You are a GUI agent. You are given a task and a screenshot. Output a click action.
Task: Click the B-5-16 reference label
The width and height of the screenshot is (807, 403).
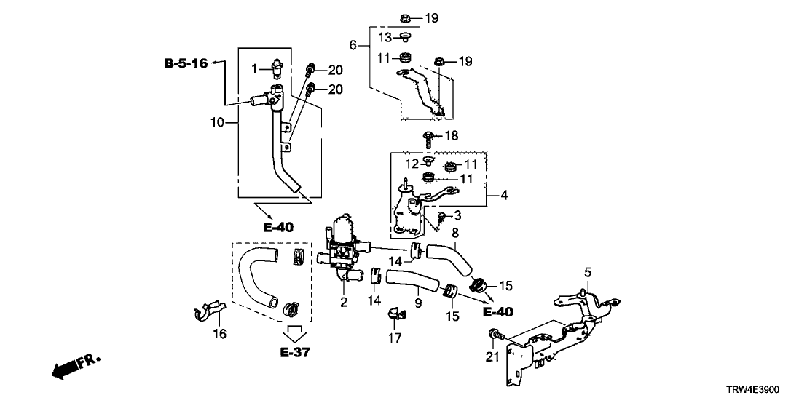coord(185,63)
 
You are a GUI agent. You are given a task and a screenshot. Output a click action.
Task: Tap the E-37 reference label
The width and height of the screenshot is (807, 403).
coord(296,353)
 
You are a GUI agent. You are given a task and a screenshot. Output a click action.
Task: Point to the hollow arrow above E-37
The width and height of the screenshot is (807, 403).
coord(296,334)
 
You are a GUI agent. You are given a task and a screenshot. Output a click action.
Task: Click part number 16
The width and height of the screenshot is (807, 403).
coord(219,334)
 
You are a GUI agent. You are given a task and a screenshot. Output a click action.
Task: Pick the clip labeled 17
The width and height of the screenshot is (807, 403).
coord(397,314)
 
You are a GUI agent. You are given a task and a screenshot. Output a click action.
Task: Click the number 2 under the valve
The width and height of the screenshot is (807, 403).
coord(344,301)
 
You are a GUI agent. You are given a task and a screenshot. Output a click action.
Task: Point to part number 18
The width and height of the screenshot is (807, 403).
coord(452,135)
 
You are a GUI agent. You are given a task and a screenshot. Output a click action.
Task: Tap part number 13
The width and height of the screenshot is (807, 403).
coord(385,37)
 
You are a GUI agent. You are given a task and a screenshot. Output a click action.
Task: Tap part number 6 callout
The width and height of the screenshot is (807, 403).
coord(353,44)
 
